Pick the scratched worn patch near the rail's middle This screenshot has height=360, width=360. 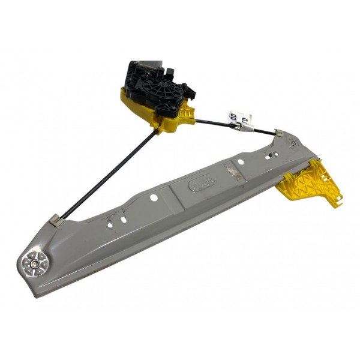[x=233, y=175]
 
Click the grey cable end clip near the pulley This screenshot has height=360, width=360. [x=55, y=220]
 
